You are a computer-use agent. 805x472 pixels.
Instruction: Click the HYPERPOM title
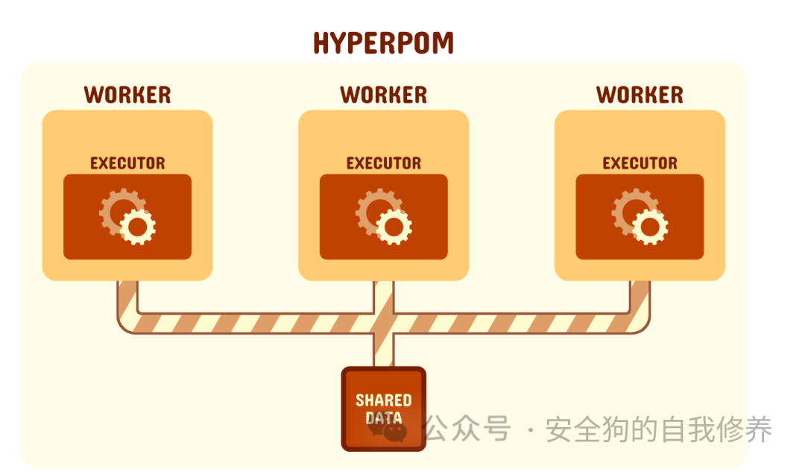click(x=383, y=43)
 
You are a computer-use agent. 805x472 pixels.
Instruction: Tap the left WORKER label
click(x=127, y=95)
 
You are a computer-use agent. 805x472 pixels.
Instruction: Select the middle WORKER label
click(x=384, y=95)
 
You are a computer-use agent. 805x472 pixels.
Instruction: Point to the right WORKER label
click(x=640, y=95)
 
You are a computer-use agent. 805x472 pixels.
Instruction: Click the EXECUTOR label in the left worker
click(x=127, y=163)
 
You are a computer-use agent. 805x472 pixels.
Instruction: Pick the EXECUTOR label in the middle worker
click(x=384, y=163)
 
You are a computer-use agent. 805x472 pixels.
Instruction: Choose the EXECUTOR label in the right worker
click(x=640, y=163)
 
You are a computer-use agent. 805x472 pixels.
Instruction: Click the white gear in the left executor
click(x=138, y=227)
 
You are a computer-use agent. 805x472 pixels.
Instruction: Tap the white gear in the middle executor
click(x=394, y=227)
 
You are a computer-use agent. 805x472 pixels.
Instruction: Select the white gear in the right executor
click(x=651, y=227)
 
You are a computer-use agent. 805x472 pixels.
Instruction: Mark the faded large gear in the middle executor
click(x=373, y=208)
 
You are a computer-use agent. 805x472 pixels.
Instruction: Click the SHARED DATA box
click(x=383, y=409)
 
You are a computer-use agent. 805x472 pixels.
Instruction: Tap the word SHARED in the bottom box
click(x=383, y=400)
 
